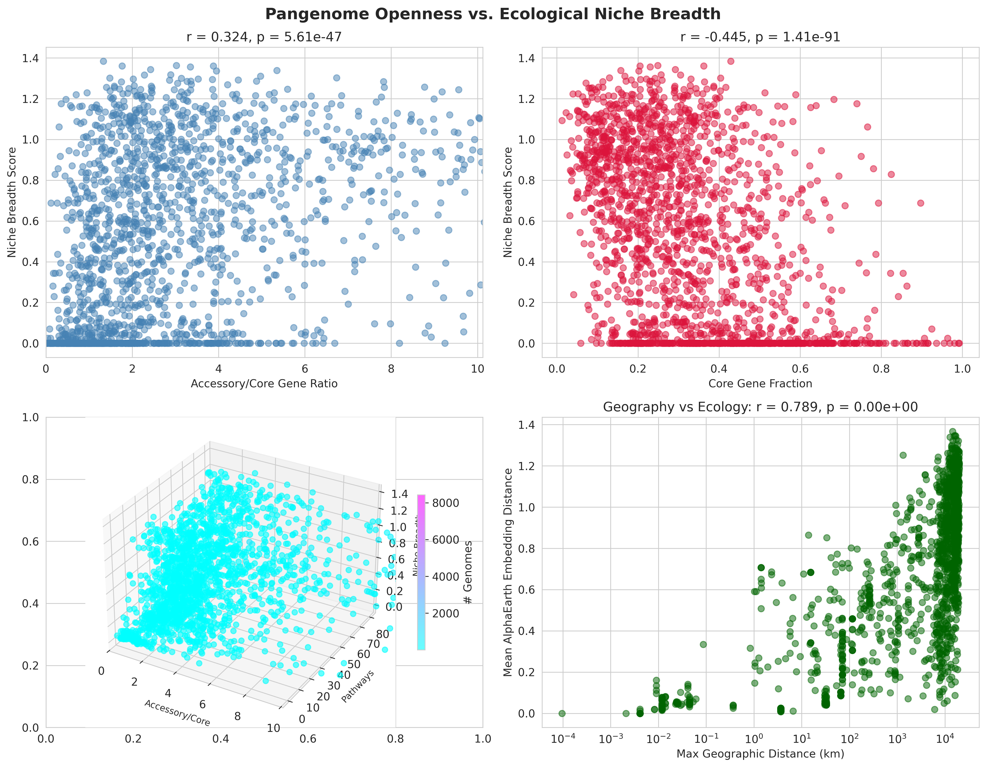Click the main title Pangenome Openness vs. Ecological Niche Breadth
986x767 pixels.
pyautogui.click(x=493, y=14)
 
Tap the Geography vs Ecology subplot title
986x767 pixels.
pyautogui.click(x=760, y=407)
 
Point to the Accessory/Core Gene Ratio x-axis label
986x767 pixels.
pyautogui.click(x=264, y=383)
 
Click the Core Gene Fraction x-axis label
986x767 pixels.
pyautogui.click(x=760, y=383)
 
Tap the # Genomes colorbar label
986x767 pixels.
pyautogui.click(x=468, y=572)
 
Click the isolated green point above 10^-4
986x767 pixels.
pyautogui.click(x=562, y=713)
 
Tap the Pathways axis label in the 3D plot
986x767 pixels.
pyautogui.click(x=358, y=687)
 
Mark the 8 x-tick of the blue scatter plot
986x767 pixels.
pyautogui.click(x=391, y=369)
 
